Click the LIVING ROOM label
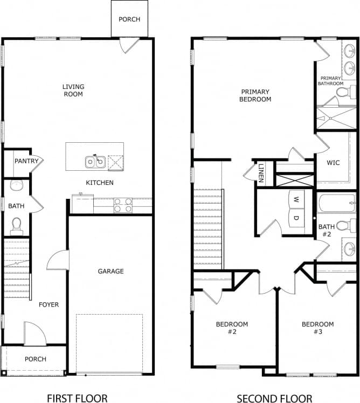point(73,90)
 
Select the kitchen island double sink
point(94,161)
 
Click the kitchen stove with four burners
point(123,205)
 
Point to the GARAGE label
point(110,271)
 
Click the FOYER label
point(49,304)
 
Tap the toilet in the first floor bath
point(16,224)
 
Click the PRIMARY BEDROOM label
point(256,95)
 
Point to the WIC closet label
point(333,162)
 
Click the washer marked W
point(296,198)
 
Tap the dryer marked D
point(296,218)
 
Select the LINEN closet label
point(261,172)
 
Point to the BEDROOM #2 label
point(232,328)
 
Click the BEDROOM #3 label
point(317,328)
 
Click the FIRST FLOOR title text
point(77,398)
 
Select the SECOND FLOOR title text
point(274,398)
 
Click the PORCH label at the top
point(129,19)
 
